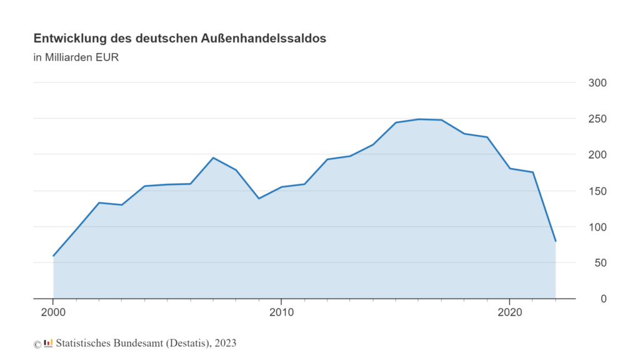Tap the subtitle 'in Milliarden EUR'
(x=76, y=58)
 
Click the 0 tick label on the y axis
(x=604, y=299)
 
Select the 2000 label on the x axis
(x=53, y=311)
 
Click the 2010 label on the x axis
(x=281, y=311)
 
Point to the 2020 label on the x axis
(x=509, y=311)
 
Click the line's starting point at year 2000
(x=53, y=256)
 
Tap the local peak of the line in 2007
(x=213, y=157)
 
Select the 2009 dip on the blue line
(x=259, y=198)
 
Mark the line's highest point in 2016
(x=419, y=119)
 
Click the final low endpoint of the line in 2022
(x=556, y=241)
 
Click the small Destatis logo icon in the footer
(x=48, y=343)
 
